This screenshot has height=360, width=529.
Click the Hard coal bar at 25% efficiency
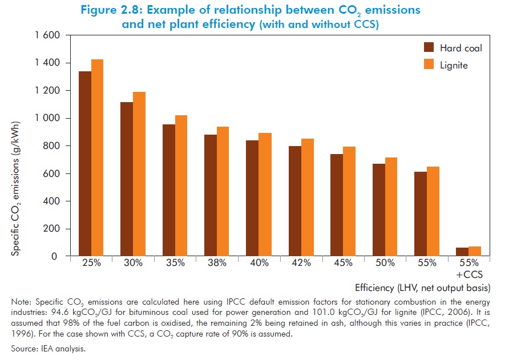click(84, 164)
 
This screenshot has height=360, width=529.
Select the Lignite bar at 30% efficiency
click(139, 174)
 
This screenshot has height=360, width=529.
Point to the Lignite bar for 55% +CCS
click(475, 251)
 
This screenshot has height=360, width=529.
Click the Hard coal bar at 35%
click(169, 190)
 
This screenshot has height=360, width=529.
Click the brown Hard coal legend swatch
click(429, 47)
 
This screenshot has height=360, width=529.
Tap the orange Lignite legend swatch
click(429, 65)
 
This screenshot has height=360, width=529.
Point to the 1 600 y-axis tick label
click(47, 35)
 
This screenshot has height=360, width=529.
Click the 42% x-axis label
click(301, 263)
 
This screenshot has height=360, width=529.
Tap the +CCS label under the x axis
click(469, 273)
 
